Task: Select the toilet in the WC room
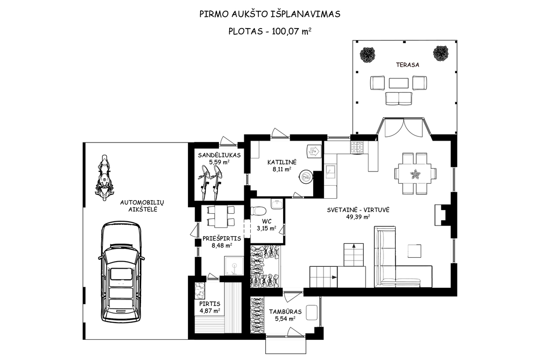pyautogui.click(x=257, y=210)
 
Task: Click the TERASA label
pyautogui.click(x=407, y=65)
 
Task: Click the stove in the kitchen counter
pyautogui.click(x=358, y=148)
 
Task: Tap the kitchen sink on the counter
pyautogui.click(x=331, y=172)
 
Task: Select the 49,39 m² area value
pyautogui.click(x=358, y=217)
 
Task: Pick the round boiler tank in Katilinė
pyautogui.click(x=306, y=177)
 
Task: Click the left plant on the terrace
pyautogui.click(x=367, y=54)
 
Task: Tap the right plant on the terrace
pyautogui.click(x=441, y=53)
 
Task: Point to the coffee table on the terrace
pyautogui.click(x=398, y=83)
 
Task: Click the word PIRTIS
pyautogui.click(x=210, y=304)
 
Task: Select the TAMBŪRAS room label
pyautogui.click(x=285, y=312)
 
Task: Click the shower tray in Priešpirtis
pyautogui.click(x=234, y=266)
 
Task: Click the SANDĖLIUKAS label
pyautogui.click(x=219, y=155)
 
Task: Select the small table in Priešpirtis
pyautogui.click(x=217, y=217)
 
